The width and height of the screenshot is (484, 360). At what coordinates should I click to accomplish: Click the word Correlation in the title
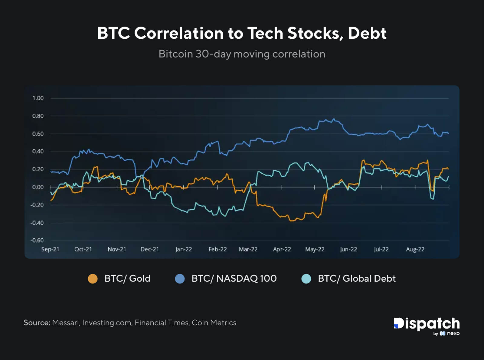178,33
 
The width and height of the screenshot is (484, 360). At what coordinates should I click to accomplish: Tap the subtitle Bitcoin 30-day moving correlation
242,54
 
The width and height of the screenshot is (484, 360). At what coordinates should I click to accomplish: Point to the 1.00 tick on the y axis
38,98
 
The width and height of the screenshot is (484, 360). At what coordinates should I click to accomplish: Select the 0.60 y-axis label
38,134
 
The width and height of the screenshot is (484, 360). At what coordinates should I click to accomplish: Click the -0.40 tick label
37,223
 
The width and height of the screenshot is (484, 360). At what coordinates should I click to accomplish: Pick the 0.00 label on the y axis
38,187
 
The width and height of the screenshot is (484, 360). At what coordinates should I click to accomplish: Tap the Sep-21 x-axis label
50,249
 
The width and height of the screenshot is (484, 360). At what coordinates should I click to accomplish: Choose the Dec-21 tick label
150,249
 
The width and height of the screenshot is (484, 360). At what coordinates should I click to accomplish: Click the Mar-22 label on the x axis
248,249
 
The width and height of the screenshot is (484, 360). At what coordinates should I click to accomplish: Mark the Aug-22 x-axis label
415,249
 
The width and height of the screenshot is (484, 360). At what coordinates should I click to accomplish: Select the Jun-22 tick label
348,249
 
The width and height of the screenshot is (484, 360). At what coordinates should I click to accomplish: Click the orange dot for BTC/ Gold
93,279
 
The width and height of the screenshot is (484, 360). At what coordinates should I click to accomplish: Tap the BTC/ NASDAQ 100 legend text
234,278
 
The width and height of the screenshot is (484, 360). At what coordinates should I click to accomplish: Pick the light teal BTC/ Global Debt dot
306,279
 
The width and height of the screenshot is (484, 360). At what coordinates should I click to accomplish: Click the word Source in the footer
37,322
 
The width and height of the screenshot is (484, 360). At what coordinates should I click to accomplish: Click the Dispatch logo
427,324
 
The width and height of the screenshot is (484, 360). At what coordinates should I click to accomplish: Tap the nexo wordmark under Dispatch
453,333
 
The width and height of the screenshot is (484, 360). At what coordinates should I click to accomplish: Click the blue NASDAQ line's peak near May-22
334,119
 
